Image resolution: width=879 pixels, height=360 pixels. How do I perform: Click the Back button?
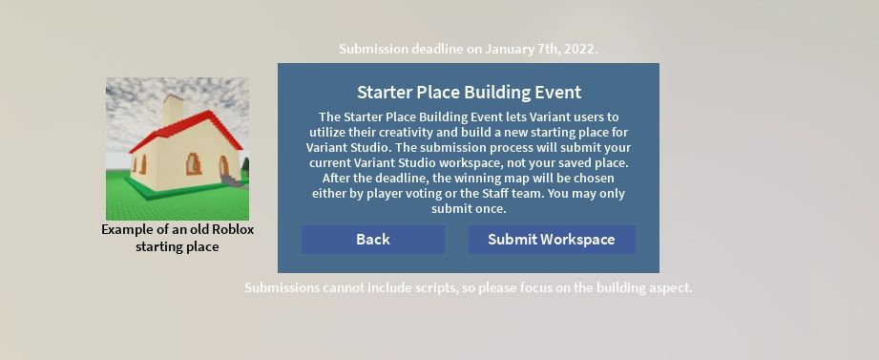pyautogui.click(x=372, y=240)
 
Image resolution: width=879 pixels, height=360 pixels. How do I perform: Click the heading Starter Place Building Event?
pyautogui.click(x=469, y=93)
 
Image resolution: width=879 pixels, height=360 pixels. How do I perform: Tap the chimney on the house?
pyautogui.click(x=173, y=110)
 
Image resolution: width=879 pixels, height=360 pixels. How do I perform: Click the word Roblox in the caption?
pyautogui.click(x=230, y=230)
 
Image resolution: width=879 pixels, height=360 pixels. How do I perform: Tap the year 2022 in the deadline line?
pyautogui.click(x=576, y=49)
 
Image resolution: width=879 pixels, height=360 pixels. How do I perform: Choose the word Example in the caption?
pyautogui.click(x=128, y=230)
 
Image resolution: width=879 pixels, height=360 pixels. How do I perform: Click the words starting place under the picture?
pyautogui.click(x=178, y=247)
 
